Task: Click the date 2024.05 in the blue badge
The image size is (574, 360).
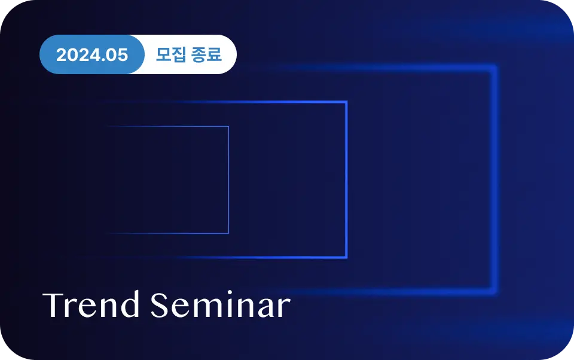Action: coord(92,55)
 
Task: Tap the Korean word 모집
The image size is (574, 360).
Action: coord(171,54)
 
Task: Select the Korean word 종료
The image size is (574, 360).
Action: coord(206,54)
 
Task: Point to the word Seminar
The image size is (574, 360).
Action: coord(221,304)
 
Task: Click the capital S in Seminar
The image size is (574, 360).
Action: coord(160,305)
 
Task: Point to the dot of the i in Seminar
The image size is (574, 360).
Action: coord(230,292)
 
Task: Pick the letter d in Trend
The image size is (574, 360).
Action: coord(130,304)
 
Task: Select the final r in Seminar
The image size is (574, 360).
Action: coord(284,307)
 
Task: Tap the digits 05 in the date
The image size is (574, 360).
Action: coord(117,55)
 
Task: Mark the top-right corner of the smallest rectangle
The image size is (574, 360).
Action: coord(229,126)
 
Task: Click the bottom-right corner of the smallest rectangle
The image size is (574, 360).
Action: coord(229,233)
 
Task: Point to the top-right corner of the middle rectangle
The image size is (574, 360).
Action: coord(346,102)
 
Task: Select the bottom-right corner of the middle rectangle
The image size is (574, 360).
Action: coord(346,258)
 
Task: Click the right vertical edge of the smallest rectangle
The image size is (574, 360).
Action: coord(229,180)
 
